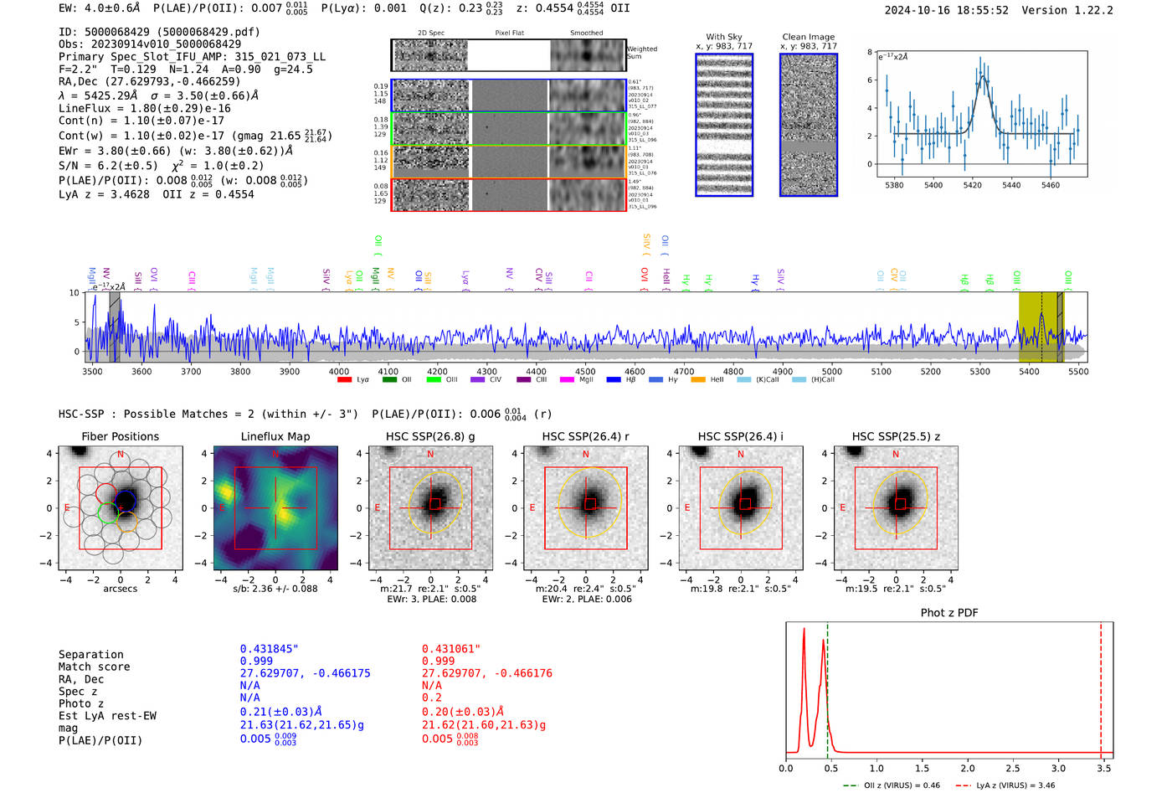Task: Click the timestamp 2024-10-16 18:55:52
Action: tap(946, 11)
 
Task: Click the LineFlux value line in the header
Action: tap(145, 108)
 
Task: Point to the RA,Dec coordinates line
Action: tap(149, 81)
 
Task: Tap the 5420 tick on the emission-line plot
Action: tap(972, 185)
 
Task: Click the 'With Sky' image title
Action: tap(724, 37)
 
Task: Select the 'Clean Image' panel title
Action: tap(808, 37)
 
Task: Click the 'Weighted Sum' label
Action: tap(642, 53)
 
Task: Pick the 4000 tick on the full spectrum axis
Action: tap(339, 371)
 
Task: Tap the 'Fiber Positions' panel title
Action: tap(120, 436)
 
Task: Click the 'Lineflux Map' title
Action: tap(275, 436)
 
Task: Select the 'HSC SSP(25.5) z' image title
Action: tap(896, 436)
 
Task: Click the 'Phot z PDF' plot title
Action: tap(948, 613)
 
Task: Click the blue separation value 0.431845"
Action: tap(269, 649)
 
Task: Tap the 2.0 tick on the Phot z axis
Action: tap(967, 768)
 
